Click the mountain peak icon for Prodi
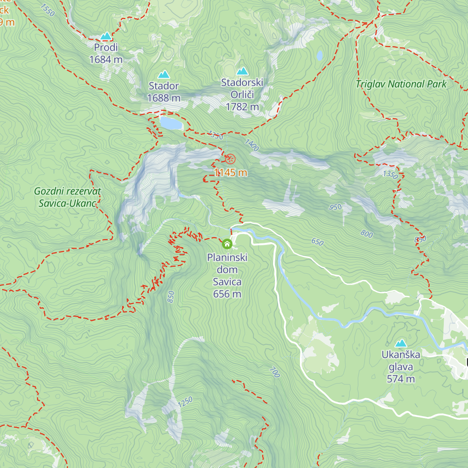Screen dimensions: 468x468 tap(106, 36)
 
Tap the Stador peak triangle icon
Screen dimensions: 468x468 tap(163, 74)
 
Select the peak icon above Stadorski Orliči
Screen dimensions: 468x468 tap(242, 71)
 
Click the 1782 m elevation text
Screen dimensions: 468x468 tap(242, 106)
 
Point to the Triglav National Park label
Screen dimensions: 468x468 tap(401, 84)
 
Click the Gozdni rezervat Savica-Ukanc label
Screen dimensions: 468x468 tap(67, 197)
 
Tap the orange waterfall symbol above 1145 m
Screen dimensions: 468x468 tap(230, 159)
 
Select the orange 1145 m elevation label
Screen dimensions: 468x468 tap(230, 172)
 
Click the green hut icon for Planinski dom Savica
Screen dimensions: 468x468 tap(227, 244)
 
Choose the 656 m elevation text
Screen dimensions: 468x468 tap(227, 294)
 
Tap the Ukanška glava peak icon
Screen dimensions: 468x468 tap(401, 343)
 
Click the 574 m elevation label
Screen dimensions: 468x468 tap(401, 379)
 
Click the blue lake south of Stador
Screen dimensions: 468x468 tap(171, 123)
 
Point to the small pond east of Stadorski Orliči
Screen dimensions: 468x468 tap(320, 56)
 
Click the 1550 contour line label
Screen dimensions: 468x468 tap(48, 10)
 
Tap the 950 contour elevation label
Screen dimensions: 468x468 tap(335, 207)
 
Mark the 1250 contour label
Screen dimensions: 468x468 tap(185, 402)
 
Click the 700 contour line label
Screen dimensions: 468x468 tap(275, 372)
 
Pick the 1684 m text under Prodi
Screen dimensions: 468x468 tap(106, 60)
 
